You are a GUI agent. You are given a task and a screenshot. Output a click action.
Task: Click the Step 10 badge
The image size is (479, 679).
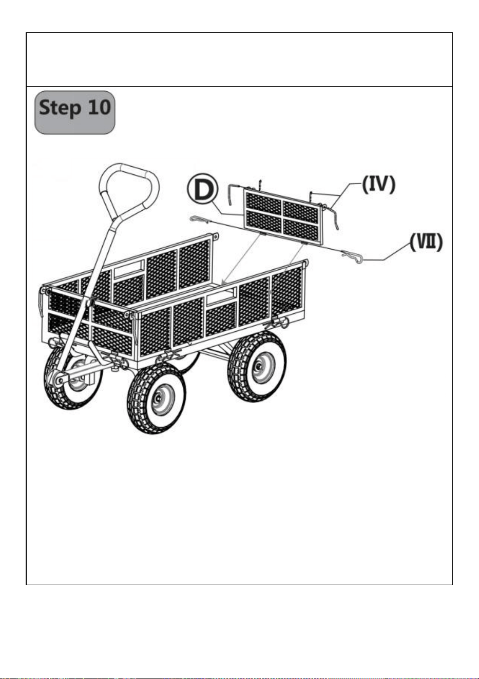(x=74, y=112)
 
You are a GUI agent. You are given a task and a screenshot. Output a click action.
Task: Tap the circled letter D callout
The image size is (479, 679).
(x=202, y=188)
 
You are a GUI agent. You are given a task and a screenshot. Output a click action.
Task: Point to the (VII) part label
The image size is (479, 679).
(x=426, y=242)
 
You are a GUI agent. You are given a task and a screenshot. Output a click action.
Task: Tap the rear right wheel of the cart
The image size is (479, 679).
(x=257, y=367)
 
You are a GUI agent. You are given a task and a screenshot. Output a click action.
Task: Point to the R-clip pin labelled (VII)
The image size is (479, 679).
(x=352, y=256)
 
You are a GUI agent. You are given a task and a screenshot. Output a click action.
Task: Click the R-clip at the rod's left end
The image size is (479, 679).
(x=199, y=219)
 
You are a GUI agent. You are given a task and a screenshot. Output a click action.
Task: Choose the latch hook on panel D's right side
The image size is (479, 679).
(x=332, y=217)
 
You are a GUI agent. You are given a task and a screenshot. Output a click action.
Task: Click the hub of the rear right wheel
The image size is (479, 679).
(x=258, y=367)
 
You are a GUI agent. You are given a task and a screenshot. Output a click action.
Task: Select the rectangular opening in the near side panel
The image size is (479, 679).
(x=221, y=296)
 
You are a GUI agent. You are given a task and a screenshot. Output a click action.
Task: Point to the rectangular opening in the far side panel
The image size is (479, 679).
(x=129, y=268)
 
